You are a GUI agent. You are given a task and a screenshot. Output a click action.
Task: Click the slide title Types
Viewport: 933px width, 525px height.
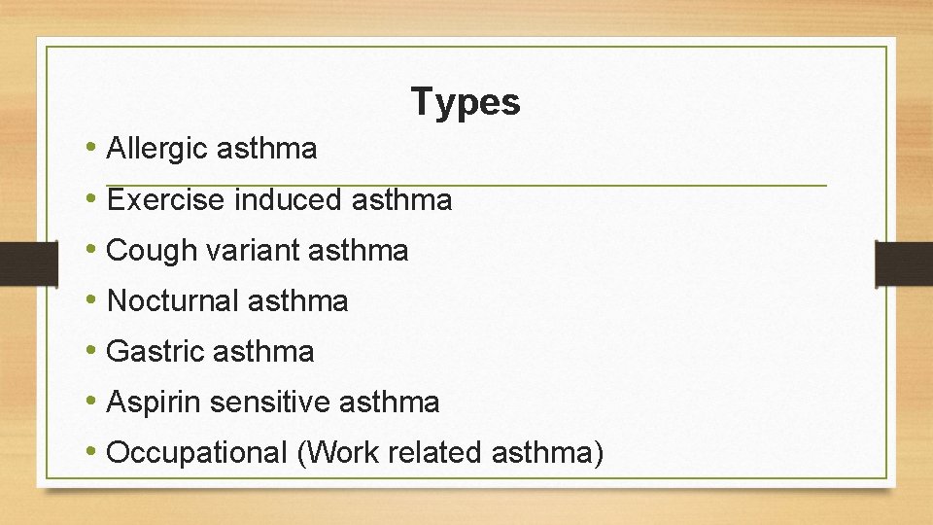466,101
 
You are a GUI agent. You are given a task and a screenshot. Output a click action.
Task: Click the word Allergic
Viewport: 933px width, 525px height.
158,149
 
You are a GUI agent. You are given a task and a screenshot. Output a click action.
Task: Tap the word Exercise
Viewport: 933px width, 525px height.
166,200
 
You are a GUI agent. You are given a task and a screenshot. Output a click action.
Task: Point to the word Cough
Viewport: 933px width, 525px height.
152,251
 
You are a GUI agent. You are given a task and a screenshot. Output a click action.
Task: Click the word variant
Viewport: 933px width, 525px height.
252,251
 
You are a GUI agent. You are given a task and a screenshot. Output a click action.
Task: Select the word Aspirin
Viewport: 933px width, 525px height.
153,402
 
